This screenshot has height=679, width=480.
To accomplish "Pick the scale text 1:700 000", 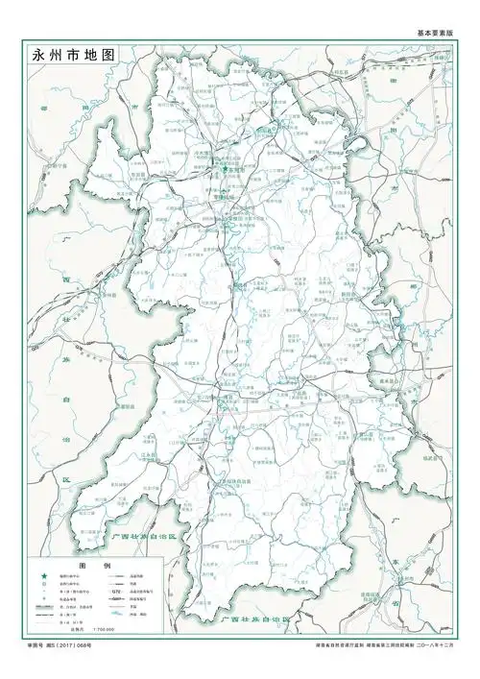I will [104, 629].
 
